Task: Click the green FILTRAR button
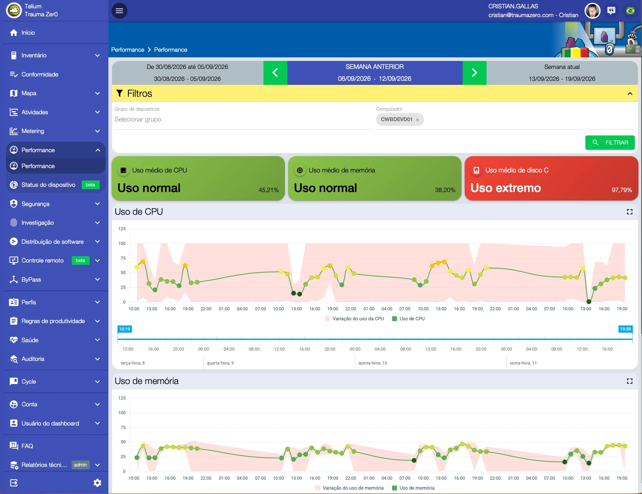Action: pyautogui.click(x=610, y=143)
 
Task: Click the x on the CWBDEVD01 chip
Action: pyautogui.click(x=418, y=120)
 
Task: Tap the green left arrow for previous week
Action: pyautogui.click(x=275, y=73)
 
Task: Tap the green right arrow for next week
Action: pyautogui.click(x=474, y=73)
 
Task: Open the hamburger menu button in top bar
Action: pyautogui.click(x=120, y=11)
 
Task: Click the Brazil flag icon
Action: pyautogui.click(x=630, y=11)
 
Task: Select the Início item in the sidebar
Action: pyautogui.click(x=28, y=33)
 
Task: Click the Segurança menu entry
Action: pyautogui.click(x=35, y=204)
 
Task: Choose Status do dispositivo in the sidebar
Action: pyautogui.click(x=49, y=185)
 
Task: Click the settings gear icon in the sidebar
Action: pyautogui.click(x=97, y=483)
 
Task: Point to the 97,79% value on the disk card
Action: pyautogui.click(x=622, y=190)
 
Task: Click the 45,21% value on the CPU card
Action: pyautogui.click(x=268, y=190)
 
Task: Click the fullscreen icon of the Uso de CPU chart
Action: pyautogui.click(x=630, y=212)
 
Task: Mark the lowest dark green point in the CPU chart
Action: pyautogui.click(x=589, y=302)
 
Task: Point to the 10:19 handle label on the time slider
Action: pyautogui.click(x=124, y=329)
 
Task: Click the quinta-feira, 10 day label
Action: pyautogui.click(x=372, y=363)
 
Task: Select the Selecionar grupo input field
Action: pyautogui.click(x=243, y=120)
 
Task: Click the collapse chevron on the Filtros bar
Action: pyautogui.click(x=630, y=94)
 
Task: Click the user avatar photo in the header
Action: pyautogui.click(x=592, y=11)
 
